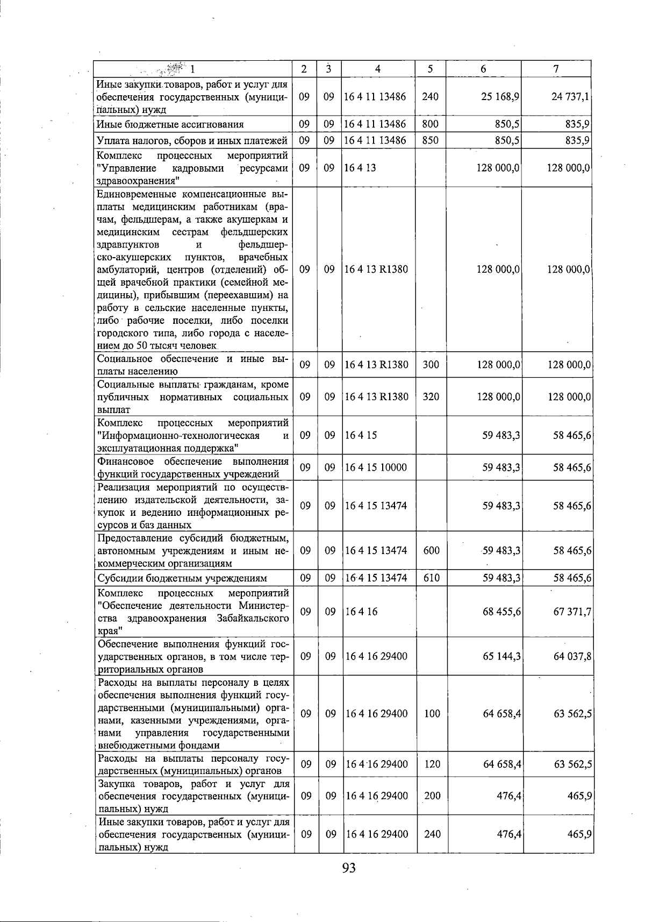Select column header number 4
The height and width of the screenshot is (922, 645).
point(378,69)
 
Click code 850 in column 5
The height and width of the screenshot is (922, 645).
point(431,140)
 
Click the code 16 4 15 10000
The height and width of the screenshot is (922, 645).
point(376,467)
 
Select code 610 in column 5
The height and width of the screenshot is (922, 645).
point(432,578)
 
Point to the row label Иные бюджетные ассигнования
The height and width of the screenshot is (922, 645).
point(170,124)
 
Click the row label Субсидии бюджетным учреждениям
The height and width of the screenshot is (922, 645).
point(182,578)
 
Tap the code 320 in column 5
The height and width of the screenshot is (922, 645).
point(431,397)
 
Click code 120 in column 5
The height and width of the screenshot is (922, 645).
point(432,764)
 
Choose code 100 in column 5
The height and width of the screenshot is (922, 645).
point(432,714)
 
